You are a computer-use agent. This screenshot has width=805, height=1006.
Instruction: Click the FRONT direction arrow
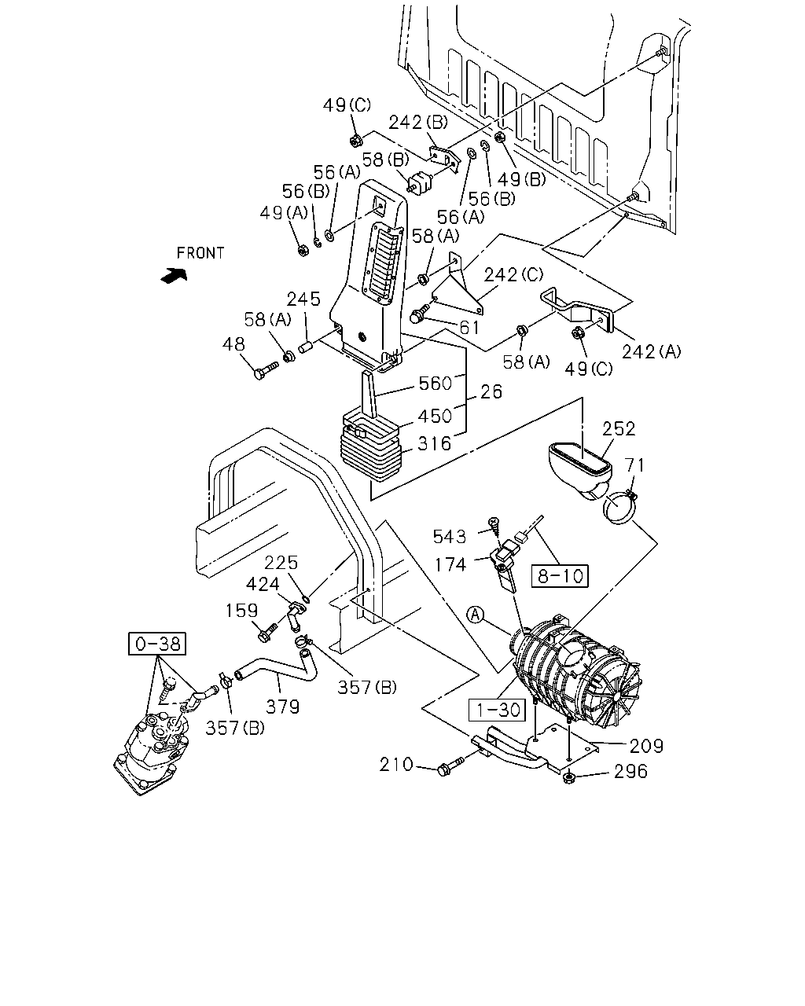tap(174, 275)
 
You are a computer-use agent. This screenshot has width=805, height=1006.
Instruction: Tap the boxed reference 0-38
tap(157, 644)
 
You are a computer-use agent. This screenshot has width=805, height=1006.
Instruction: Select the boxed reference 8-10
tap(560, 576)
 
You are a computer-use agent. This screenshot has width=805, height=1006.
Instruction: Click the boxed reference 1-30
tap(498, 710)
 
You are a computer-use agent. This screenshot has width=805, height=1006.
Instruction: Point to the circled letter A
tap(476, 615)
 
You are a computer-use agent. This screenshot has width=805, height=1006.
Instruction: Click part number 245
tap(303, 299)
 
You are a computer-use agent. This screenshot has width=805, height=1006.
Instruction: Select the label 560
tap(435, 384)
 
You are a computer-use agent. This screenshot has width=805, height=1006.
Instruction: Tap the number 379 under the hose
tap(283, 707)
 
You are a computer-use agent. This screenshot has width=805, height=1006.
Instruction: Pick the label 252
tap(619, 428)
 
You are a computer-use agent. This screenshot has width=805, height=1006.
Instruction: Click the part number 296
tap(631, 771)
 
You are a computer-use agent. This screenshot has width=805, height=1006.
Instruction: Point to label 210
tap(396, 764)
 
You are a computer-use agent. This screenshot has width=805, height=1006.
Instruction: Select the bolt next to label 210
tap(450, 766)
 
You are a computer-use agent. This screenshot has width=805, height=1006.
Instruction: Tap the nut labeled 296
tap(569, 777)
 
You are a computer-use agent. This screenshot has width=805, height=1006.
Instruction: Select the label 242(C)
tap(513, 274)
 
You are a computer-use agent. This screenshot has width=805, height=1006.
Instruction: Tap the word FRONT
tap(200, 253)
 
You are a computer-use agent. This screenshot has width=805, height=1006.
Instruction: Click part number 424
tap(263, 584)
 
